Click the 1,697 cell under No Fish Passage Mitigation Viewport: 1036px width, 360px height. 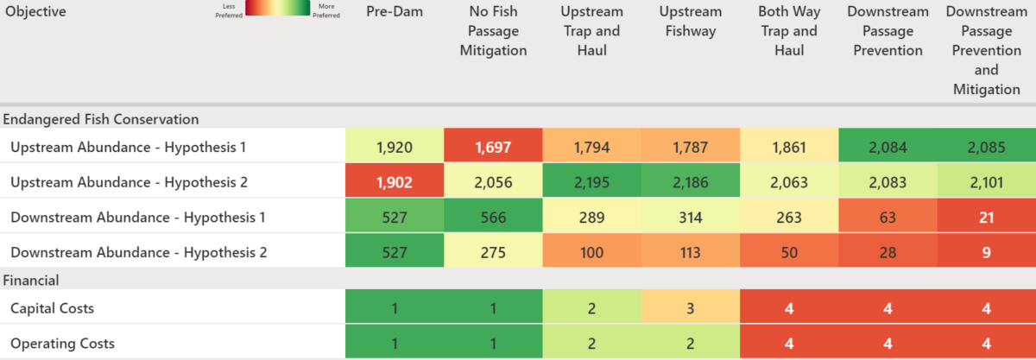click(x=493, y=147)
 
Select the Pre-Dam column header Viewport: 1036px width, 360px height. click(x=395, y=12)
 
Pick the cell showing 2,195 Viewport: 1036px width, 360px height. click(x=591, y=181)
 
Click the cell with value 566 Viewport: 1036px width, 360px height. click(x=493, y=217)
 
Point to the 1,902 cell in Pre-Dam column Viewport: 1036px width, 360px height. click(x=395, y=181)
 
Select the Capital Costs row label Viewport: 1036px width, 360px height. click(x=52, y=308)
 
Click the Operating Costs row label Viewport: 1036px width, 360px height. click(x=62, y=344)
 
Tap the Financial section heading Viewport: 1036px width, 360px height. click(x=31, y=280)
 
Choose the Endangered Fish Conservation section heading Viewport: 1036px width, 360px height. click(x=101, y=119)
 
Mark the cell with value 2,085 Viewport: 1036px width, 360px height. click(x=986, y=147)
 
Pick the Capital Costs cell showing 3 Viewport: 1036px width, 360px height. click(x=690, y=308)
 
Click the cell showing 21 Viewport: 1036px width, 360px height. click(x=986, y=217)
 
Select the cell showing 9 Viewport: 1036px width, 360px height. click(x=986, y=252)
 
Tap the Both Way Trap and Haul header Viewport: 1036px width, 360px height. click(x=788, y=31)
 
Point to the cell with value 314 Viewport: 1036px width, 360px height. click(x=690, y=217)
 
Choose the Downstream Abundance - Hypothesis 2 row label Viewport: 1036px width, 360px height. click(x=138, y=252)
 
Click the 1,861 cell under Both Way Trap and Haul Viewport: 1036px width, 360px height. click(x=788, y=147)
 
